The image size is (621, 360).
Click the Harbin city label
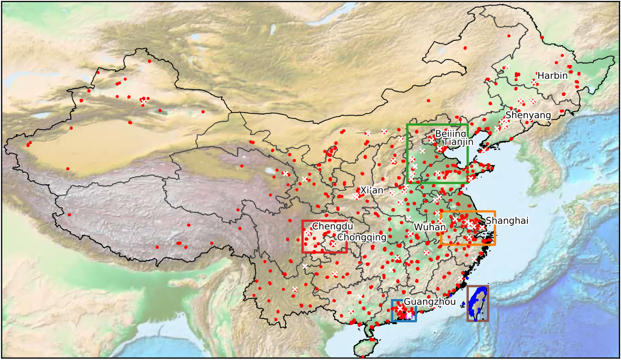[x=552, y=75]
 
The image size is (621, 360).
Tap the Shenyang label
[x=528, y=115]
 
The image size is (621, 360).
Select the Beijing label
[x=450, y=133]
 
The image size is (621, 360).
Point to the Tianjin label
[x=458, y=142]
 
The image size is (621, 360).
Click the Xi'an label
[x=372, y=190]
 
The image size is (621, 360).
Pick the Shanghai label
[x=507, y=220]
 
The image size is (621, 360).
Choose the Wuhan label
[x=430, y=227]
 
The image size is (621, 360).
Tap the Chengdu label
[x=332, y=226]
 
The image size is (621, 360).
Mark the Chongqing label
[x=361, y=237]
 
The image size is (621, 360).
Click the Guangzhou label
[x=430, y=302]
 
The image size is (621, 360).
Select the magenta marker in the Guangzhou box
[x=409, y=316]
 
